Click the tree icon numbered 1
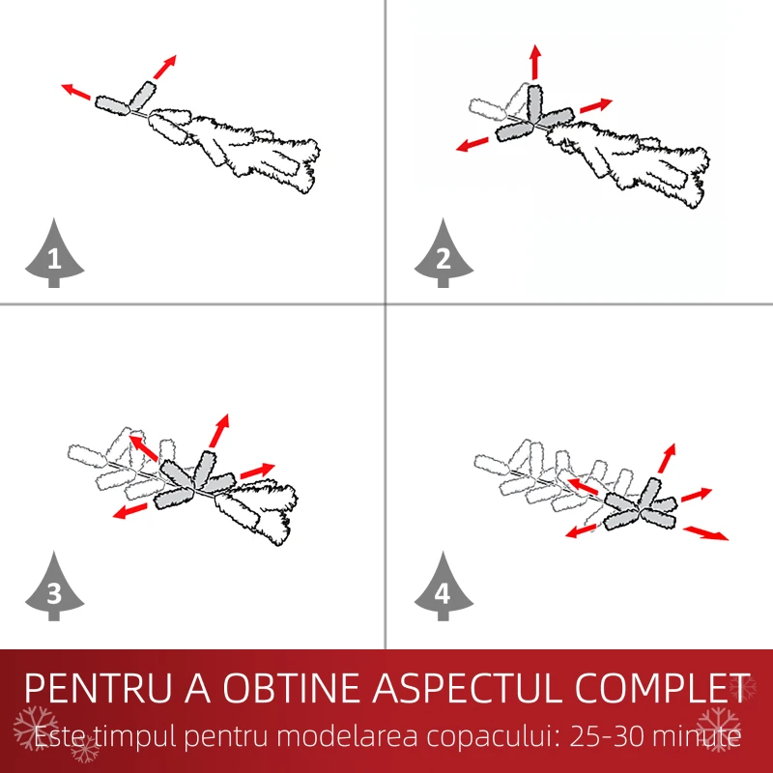pyautogui.click(x=54, y=254)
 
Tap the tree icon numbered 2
pyautogui.click(x=444, y=254)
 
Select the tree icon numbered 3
pyautogui.click(x=54, y=587)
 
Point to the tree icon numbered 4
pyautogui.click(x=444, y=587)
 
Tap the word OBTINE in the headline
pyautogui.click(x=292, y=688)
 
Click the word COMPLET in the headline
pyautogui.click(x=662, y=688)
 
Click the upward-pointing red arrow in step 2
pyautogui.click(x=536, y=62)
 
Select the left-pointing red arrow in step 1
pyautogui.click(x=76, y=92)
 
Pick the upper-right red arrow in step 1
pyautogui.click(x=164, y=67)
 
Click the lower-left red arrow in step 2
pyautogui.click(x=472, y=144)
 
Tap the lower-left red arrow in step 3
pyautogui.click(x=130, y=511)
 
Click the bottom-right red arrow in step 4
pyautogui.click(x=705, y=533)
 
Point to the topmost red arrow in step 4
pyautogui.click(x=667, y=458)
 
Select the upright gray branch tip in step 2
pyautogui.click(x=534, y=104)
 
